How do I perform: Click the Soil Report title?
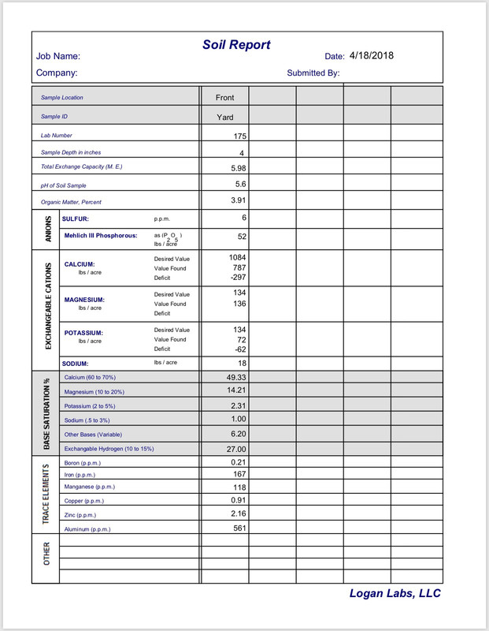click(236, 45)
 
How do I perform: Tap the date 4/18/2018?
click(371, 55)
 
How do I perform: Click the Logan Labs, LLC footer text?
click(395, 594)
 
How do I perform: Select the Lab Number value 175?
click(240, 136)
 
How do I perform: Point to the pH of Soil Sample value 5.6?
click(241, 184)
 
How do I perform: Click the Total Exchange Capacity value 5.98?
click(239, 168)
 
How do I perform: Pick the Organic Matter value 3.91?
click(239, 200)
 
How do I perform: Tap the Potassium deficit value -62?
click(239, 349)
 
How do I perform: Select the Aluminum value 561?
click(240, 528)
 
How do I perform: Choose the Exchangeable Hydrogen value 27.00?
click(237, 449)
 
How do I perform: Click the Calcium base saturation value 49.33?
click(237, 377)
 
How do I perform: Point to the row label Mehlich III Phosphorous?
click(101, 235)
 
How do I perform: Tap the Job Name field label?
click(57, 57)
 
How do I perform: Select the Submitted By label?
click(313, 73)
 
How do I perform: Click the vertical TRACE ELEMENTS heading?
click(46, 495)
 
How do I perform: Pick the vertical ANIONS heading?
click(46, 228)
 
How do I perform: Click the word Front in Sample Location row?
click(224, 98)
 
